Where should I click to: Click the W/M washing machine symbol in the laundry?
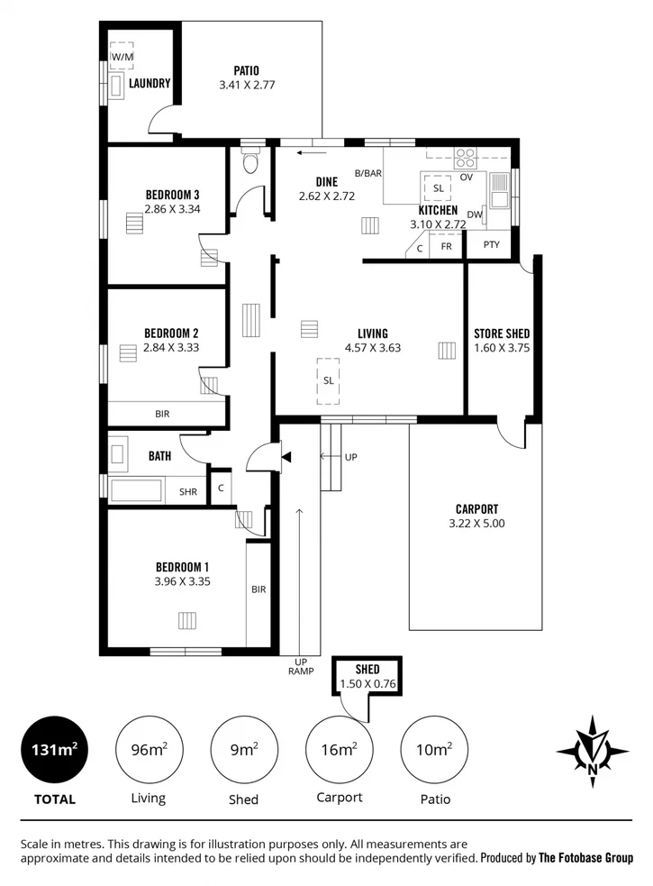[x=121, y=56]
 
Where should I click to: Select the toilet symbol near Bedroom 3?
[x=250, y=162]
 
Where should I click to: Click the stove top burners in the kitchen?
[x=465, y=158]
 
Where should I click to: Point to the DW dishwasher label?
[x=474, y=215]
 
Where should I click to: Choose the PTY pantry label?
[x=491, y=244]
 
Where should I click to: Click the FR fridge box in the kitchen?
[x=445, y=245]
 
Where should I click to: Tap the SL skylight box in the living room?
[x=328, y=379]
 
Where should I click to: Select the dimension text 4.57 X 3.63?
[x=372, y=348]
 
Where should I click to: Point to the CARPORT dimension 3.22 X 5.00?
[x=476, y=523]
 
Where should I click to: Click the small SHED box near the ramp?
[x=367, y=676]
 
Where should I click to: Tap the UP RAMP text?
[x=300, y=665]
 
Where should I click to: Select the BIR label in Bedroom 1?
[x=258, y=589]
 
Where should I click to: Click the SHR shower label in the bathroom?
[x=187, y=492]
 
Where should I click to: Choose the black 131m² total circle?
[x=55, y=749]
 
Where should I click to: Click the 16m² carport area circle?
[x=340, y=749]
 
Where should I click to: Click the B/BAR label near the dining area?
[x=368, y=172]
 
